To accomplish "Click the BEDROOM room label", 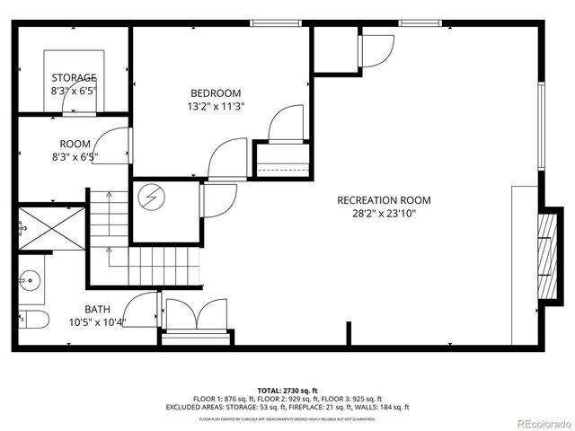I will [x=216, y=92].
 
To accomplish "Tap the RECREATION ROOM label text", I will [x=384, y=200].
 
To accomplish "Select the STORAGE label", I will [x=74, y=77].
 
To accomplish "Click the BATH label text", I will [x=97, y=309].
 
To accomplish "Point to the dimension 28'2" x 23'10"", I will [x=384, y=213].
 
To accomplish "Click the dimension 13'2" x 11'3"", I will [x=216, y=106].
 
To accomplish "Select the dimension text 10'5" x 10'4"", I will [x=97, y=321].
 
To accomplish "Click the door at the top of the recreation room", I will [x=377, y=48].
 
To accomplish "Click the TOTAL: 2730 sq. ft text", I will [x=287, y=391].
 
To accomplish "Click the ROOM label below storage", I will [x=74, y=144].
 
